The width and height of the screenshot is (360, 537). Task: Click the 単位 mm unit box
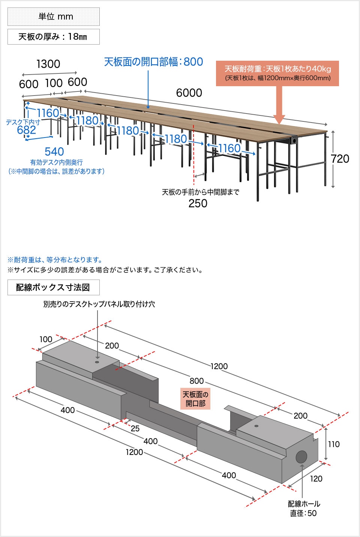pos(54,16)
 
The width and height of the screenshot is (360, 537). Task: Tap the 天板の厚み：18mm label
pos(54,37)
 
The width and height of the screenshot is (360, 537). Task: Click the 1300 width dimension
pos(48,64)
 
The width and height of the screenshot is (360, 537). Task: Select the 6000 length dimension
pos(189,93)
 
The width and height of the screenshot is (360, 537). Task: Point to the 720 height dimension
pos(340,159)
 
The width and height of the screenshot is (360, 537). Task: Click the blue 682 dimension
pos(27,130)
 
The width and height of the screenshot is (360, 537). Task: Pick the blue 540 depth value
pos(54,152)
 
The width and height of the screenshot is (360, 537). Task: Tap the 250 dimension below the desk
pos(198,203)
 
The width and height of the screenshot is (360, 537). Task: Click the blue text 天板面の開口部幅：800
pos(153,62)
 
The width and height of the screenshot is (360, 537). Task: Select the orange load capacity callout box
pos(277,73)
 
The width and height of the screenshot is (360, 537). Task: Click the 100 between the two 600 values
pos(54,83)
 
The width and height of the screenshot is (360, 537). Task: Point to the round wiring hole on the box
pos(301,457)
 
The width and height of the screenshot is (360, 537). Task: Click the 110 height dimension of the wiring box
pos(334,444)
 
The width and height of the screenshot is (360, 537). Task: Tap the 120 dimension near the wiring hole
pos(316,479)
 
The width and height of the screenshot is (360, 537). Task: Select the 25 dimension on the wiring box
pos(135,428)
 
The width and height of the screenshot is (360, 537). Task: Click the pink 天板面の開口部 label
pos(195,399)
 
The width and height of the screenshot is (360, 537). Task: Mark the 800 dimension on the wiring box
pos(196,381)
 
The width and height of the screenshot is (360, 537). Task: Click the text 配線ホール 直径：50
pos(304,509)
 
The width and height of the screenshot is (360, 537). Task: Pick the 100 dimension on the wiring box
pos(46,340)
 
